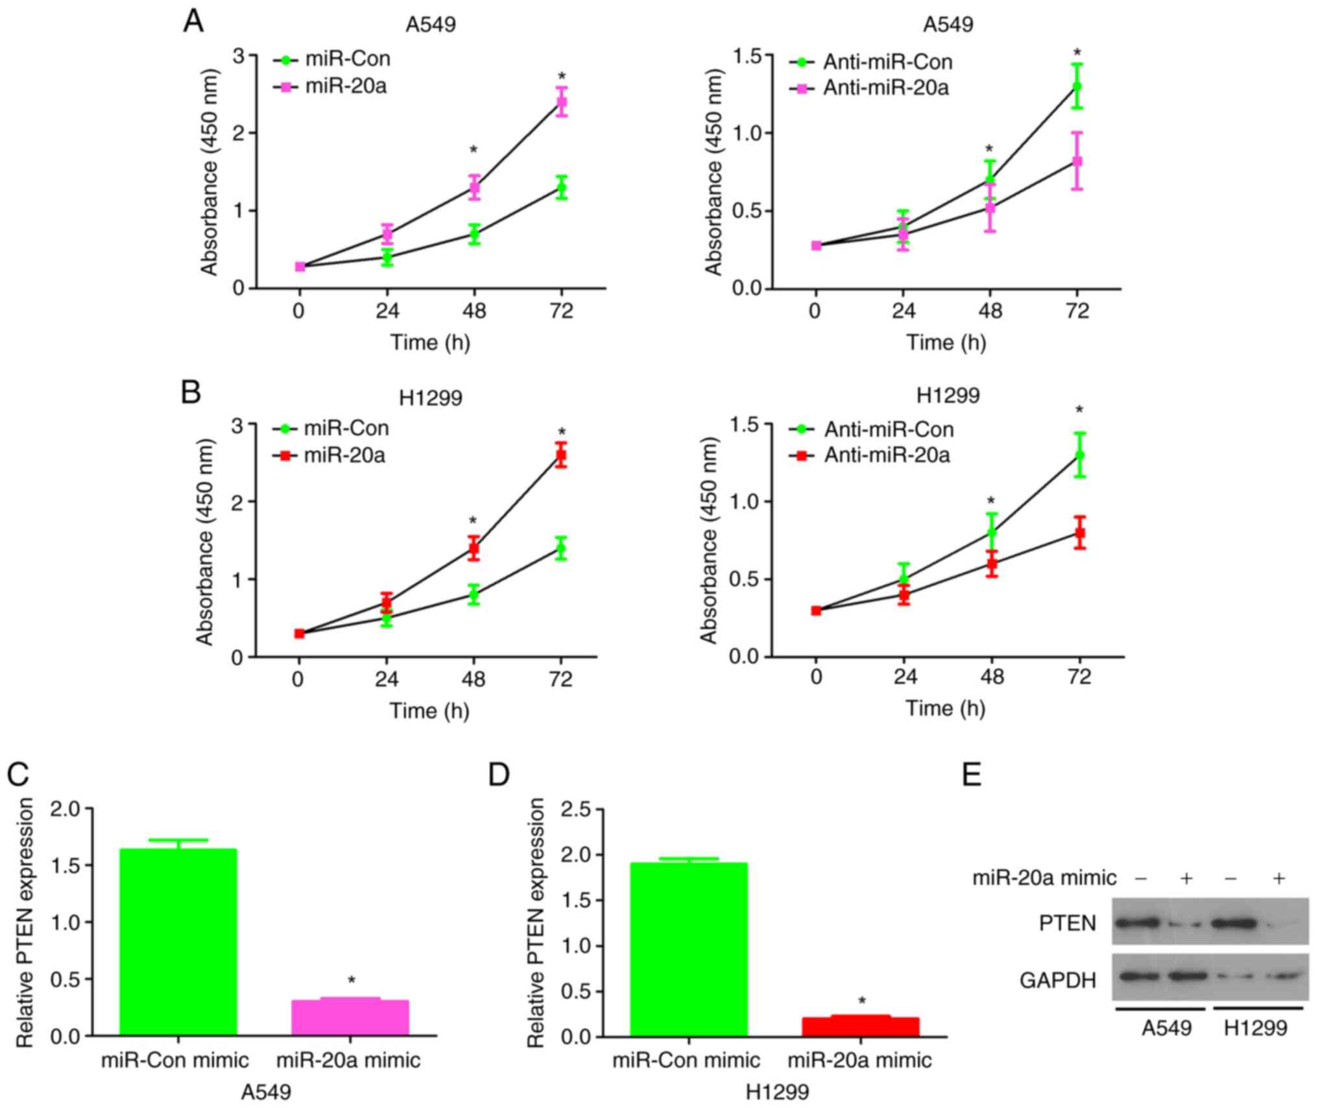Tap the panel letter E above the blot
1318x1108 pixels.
972,774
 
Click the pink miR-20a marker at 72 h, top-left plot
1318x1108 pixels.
562,102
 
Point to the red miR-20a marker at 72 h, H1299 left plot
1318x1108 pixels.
561,455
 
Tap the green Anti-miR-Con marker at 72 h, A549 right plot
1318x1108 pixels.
1077,86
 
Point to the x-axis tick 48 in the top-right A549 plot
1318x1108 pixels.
989,311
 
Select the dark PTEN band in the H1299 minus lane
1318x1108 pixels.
1233,922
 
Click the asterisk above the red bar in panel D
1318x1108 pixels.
862,1001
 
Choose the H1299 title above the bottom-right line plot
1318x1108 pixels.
948,394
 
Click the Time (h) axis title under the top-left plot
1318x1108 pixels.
429,342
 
